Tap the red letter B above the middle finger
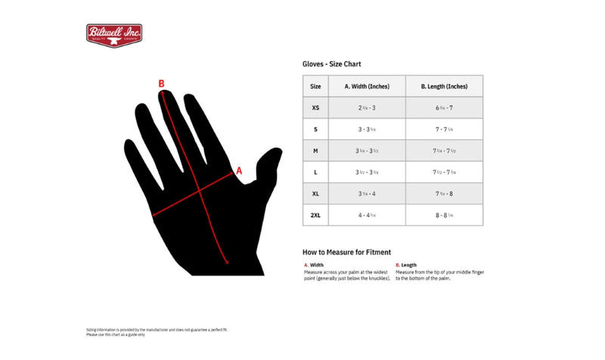click(x=161, y=84)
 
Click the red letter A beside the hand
click(x=239, y=171)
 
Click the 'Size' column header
click(x=315, y=86)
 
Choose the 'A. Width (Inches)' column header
click(x=367, y=86)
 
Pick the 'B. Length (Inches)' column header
click(x=444, y=86)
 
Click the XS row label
click(x=315, y=108)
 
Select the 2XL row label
click(x=315, y=215)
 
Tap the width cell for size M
click(x=367, y=151)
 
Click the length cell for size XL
click(x=444, y=194)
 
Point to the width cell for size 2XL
click(x=367, y=215)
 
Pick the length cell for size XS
click(x=444, y=108)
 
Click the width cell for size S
click(x=367, y=129)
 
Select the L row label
click(x=315, y=172)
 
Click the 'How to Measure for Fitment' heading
click(x=346, y=252)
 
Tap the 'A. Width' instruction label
click(x=315, y=265)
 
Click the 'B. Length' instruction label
click(x=406, y=265)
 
